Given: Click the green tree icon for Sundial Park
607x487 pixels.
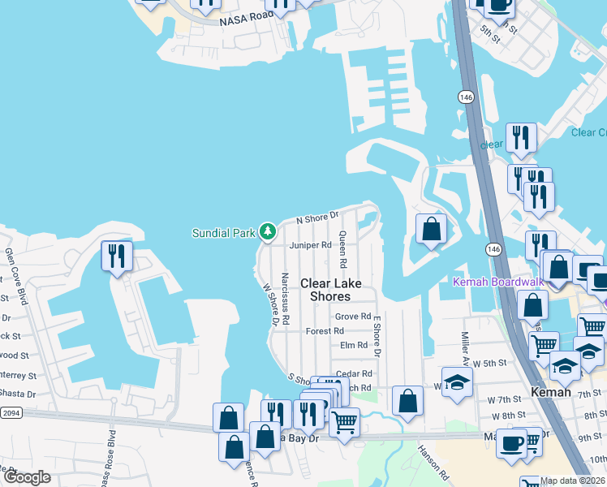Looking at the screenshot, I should coord(267,233).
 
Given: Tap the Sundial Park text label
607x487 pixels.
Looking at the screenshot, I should coord(223,233).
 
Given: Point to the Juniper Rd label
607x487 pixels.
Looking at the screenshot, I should coord(310,244).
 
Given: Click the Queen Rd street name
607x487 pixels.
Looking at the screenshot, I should coord(343,250).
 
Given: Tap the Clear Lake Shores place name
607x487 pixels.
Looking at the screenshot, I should coord(330,290).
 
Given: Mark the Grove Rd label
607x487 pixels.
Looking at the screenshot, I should coord(353,317).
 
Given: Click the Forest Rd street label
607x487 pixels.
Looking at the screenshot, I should coord(325,331).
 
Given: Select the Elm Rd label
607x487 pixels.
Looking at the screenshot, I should coord(354,345).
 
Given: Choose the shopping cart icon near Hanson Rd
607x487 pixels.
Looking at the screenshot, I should coord(345,423).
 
